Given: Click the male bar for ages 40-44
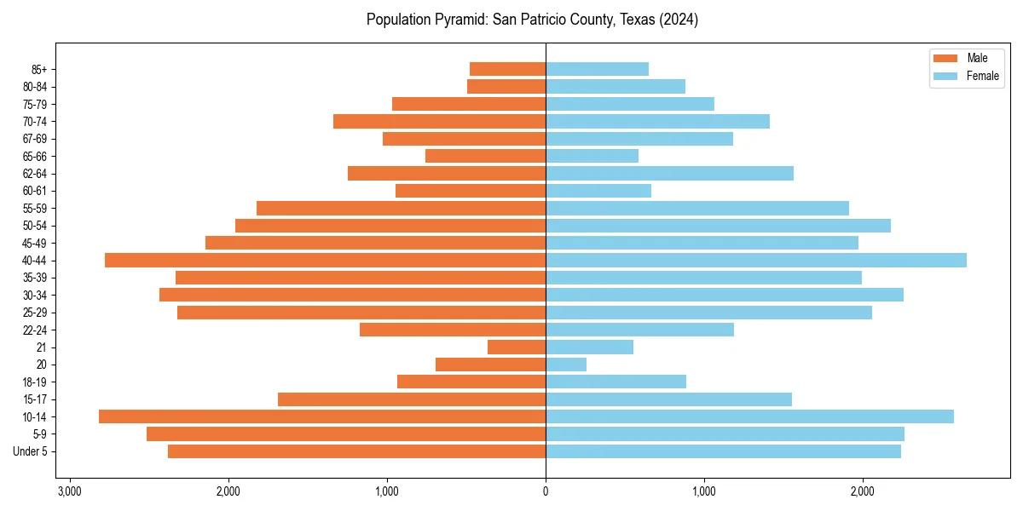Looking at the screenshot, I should [325, 260].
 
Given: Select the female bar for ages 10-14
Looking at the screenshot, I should [749, 416].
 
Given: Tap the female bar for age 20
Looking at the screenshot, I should [566, 365].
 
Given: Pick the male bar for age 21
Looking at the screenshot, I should [517, 347].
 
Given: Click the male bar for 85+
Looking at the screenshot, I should [507, 69].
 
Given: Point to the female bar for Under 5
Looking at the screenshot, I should [723, 451].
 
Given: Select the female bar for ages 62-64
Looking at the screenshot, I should [669, 173].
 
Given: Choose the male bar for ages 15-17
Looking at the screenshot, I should [412, 399].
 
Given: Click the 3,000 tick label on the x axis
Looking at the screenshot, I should [69, 491].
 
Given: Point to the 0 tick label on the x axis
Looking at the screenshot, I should [546, 491].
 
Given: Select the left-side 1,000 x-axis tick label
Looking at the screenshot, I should [387, 491].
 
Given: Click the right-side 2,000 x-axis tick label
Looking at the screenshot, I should [862, 491].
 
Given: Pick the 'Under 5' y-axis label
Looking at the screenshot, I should [30, 451].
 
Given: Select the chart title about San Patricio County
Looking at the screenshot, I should [532, 20].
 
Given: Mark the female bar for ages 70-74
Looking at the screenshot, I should [657, 121].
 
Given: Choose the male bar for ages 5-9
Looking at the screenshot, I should [346, 434].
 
